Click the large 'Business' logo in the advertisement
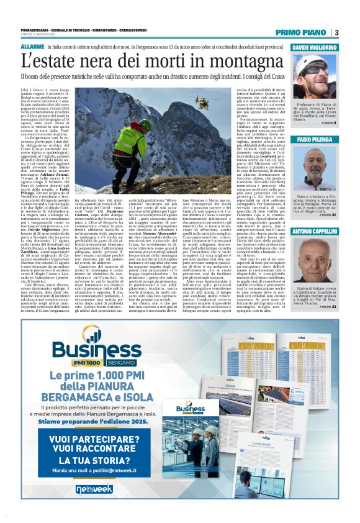click(x=100, y=349)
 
